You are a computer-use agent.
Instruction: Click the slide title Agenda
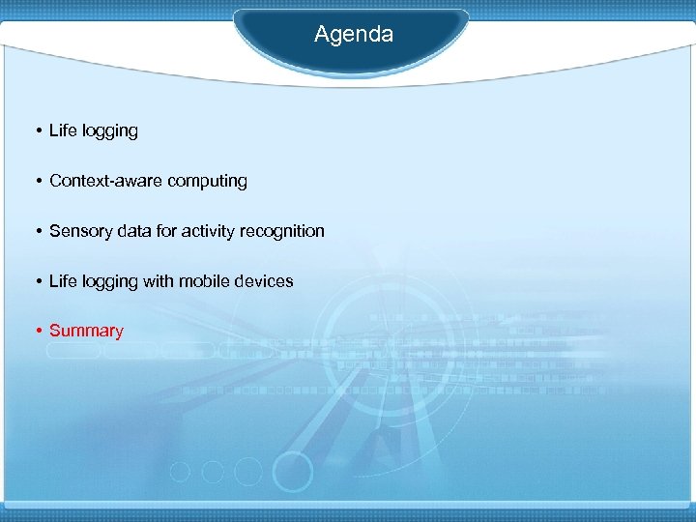point(353,35)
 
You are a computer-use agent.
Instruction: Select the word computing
point(207,181)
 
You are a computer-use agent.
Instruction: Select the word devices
point(263,281)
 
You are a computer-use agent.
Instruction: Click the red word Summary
point(86,332)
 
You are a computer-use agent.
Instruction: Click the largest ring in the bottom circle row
point(292,473)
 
